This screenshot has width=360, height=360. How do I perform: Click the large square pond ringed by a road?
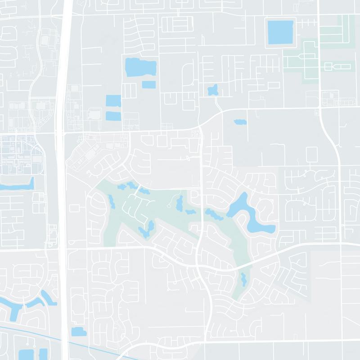pos(279,32)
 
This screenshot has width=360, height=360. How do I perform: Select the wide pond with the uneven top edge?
pos(140,67)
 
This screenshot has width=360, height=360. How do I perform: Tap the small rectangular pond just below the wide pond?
pos(148,84)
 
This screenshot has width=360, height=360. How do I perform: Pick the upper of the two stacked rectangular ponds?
pos(113,101)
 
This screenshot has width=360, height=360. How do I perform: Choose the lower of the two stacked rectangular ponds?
pos(113,115)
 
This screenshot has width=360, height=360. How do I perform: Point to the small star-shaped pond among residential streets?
pos(212,90)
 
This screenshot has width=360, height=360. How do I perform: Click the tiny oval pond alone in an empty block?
pos(239,121)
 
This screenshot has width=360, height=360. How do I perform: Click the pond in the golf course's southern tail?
pos(243,279)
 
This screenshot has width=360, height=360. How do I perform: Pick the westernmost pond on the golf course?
pos(112,202)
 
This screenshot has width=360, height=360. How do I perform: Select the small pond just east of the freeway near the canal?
pos(78,332)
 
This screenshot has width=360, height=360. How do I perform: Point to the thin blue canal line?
pos(27,330)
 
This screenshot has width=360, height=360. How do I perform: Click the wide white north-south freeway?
pos(63,180)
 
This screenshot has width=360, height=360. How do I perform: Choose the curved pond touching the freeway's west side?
pos(47,299)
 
